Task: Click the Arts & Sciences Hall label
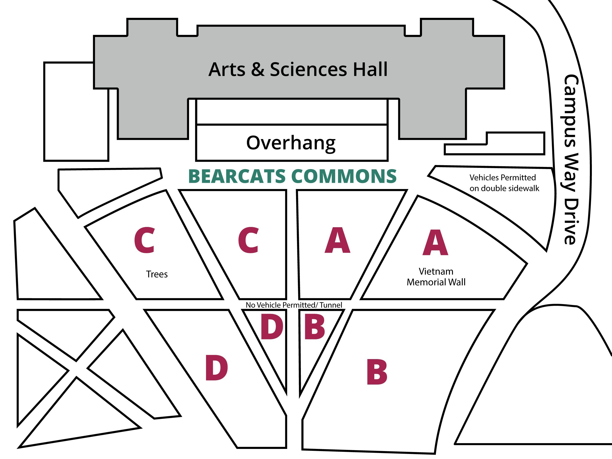(x=298, y=69)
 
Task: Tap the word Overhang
(x=291, y=143)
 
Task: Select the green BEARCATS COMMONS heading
(x=292, y=177)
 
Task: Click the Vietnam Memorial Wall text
(x=436, y=277)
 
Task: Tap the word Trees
(x=157, y=274)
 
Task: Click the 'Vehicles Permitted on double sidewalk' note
(x=504, y=183)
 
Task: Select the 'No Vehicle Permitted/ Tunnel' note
(x=294, y=305)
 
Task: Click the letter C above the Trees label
(x=144, y=240)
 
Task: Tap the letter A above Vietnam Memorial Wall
(x=435, y=242)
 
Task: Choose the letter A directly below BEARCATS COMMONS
(x=337, y=240)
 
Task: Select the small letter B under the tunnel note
(x=315, y=327)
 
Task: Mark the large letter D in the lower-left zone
(x=216, y=368)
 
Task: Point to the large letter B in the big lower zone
(x=377, y=372)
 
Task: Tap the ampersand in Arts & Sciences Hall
(x=258, y=69)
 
